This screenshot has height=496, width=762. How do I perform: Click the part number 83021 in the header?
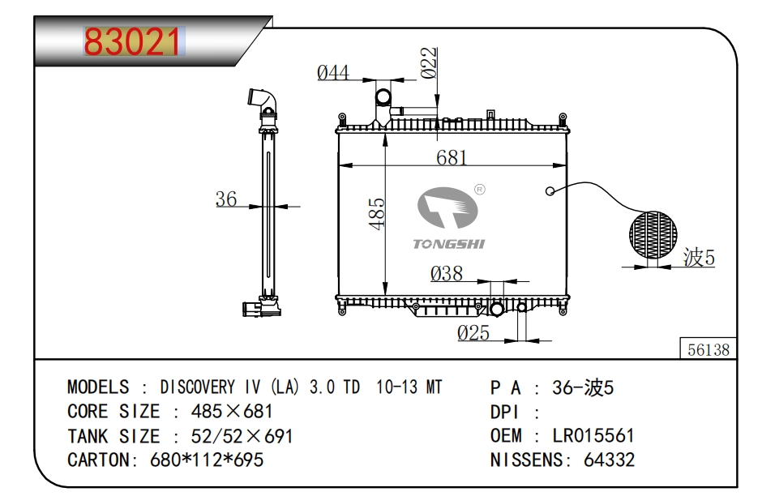coord(135,42)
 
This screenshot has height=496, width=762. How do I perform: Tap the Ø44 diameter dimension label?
coord(332,73)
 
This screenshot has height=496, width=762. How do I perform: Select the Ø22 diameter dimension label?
coord(430,63)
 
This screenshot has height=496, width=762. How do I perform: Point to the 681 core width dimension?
coord(452,156)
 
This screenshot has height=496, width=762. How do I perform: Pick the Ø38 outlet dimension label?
coord(447,274)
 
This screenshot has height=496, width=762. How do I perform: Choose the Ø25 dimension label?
coord(473,332)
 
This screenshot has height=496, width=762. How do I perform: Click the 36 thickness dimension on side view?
coord(226,199)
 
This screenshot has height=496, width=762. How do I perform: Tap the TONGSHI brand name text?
coord(448,244)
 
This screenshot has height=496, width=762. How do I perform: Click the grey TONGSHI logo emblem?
coord(446,209)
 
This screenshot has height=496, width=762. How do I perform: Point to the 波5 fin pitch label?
coord(699,259)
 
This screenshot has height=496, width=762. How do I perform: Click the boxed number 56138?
coord(708,349)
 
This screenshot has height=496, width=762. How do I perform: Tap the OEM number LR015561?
coord(593,436)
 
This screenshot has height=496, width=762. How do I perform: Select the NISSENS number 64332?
coord(610,460)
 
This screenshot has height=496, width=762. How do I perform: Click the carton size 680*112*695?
coord(207,460)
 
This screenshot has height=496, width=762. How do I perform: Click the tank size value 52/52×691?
coord(242,436)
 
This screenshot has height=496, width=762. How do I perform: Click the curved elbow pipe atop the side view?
coord(263,101)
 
